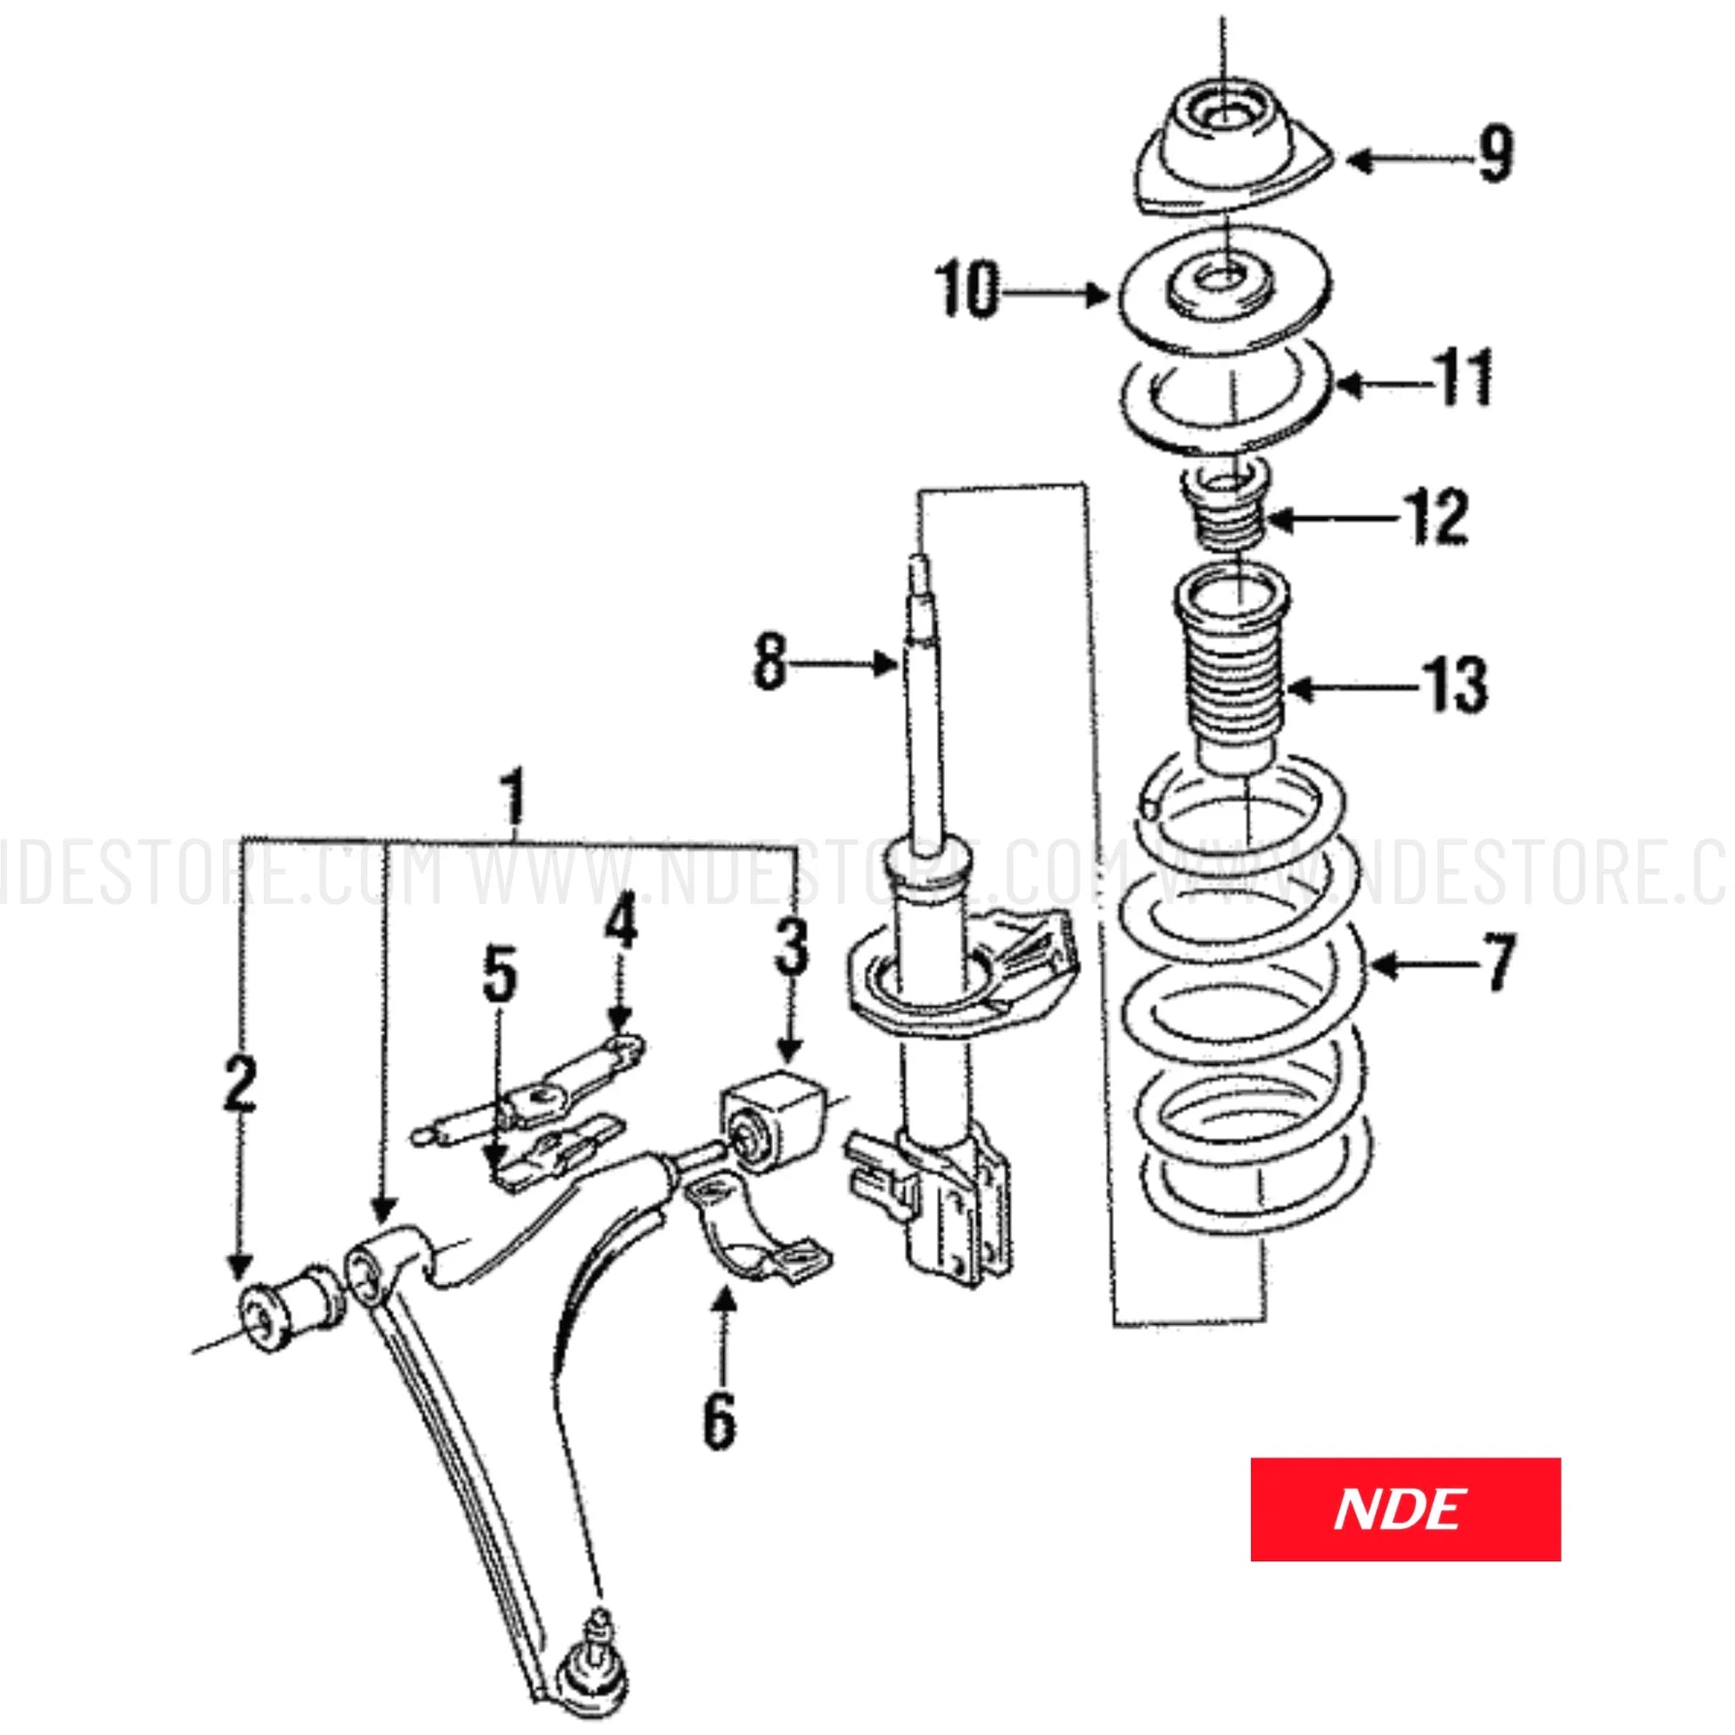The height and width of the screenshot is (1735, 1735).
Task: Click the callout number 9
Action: tap(1494, 154)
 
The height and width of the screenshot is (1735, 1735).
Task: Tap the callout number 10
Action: tap(967, 290)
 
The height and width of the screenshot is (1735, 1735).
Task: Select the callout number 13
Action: tap(1454, 685)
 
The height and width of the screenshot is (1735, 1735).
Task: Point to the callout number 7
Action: tap(1496, 964)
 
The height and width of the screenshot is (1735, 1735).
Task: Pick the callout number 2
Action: tap(239, 1085)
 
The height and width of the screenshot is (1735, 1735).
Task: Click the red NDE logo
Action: tap(1404, 1509)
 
